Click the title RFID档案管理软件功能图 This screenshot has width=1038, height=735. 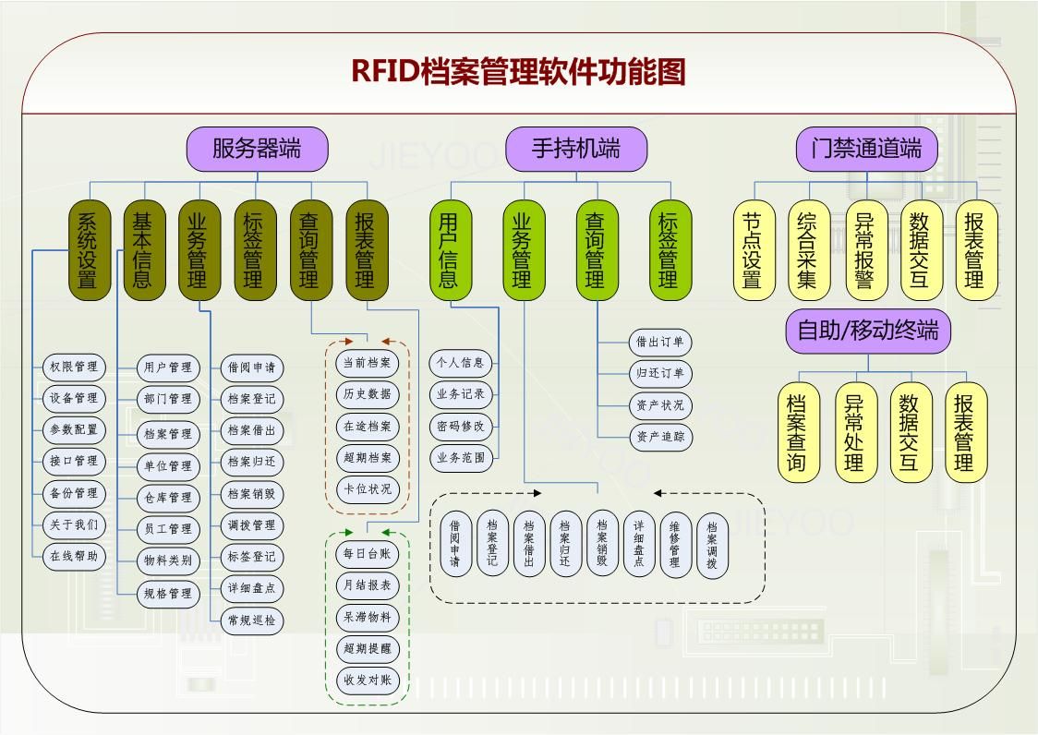point(518,71)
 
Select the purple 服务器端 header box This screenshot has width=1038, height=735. point(257,149)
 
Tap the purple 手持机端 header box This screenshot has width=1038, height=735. point(575,149)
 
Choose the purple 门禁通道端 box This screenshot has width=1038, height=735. point(866,149)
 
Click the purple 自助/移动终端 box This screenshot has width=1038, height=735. point(867,331)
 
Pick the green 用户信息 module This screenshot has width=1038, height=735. point(448,250)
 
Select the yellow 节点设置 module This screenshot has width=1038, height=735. point(754,250)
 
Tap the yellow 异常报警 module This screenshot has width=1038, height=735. point(865,250)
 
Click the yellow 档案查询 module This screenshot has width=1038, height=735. point(798,432)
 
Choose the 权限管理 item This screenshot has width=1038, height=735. point(74,367)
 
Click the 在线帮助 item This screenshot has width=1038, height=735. point(74,557)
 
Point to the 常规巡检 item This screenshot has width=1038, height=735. point(251,621)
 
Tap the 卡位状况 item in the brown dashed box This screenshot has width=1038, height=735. point(368,489)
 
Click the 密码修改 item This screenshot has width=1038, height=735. point(461,427)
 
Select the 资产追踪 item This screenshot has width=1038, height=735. point(660,437)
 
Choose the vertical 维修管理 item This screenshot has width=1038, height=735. point(675,545)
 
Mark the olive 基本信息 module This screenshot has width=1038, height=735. point(143,250)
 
